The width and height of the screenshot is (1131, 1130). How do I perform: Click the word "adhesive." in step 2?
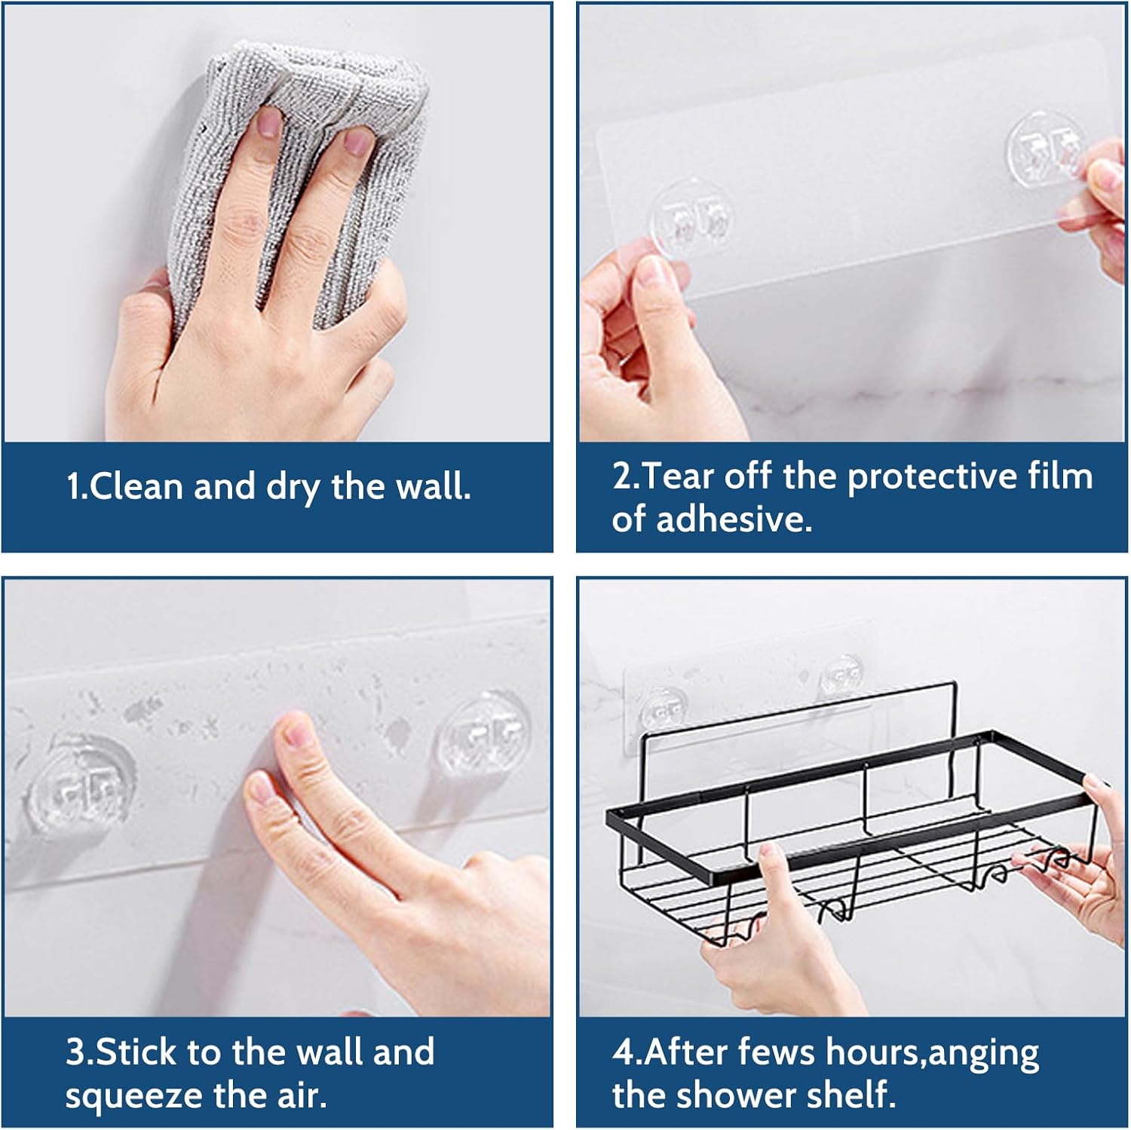(734, 520)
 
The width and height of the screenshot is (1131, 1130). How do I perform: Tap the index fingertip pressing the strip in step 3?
(294, 735)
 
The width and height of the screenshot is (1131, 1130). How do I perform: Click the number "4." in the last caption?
(627, 1053)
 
